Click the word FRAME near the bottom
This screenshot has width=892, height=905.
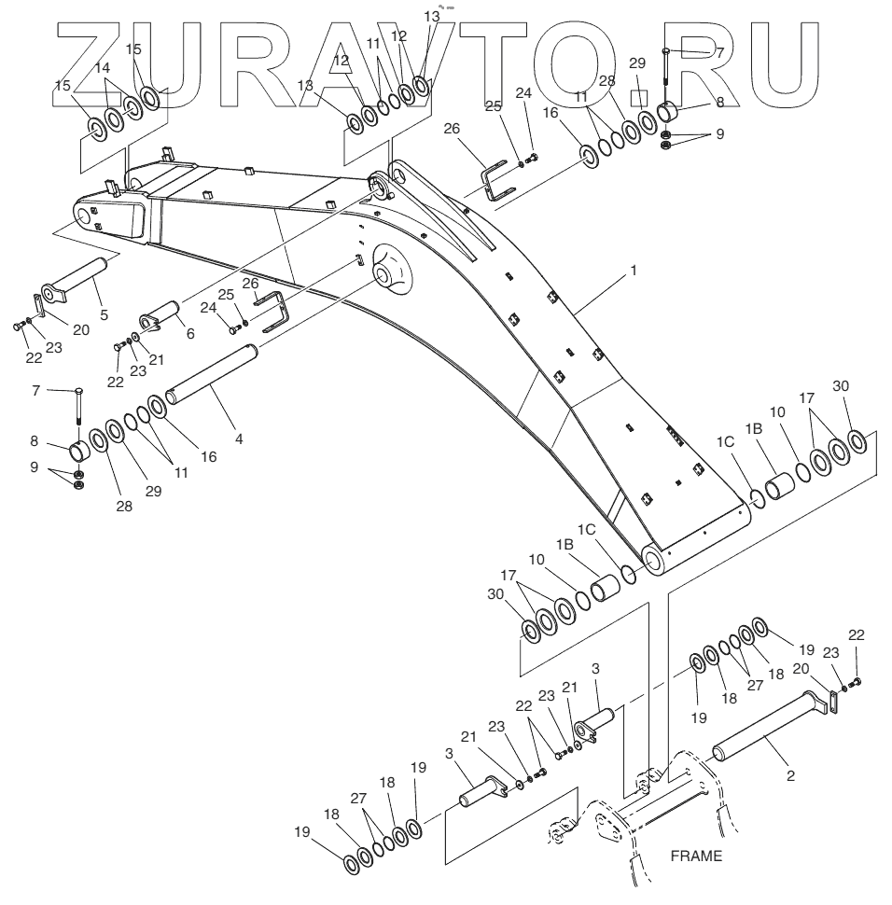(x=696, y=855)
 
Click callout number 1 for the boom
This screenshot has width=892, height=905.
(x=634, y=271)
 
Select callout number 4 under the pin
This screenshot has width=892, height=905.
(x=239, y=438)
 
